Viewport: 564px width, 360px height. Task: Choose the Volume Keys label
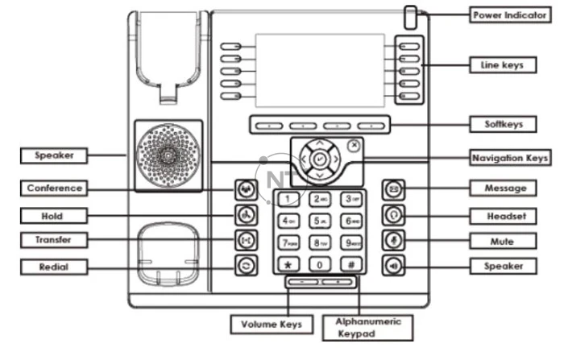point(272,325)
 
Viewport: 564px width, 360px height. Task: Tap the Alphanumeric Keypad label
point(367,325)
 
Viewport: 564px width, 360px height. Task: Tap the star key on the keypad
point(287,263)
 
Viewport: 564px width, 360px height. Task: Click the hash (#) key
point(351,263)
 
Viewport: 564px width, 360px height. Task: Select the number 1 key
point(287,198)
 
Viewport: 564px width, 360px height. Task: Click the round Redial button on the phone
point(245,264)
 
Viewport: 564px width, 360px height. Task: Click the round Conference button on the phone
point(245,190)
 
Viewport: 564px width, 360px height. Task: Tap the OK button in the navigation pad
point(319,160)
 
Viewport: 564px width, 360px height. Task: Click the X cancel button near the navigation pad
point(355,146)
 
